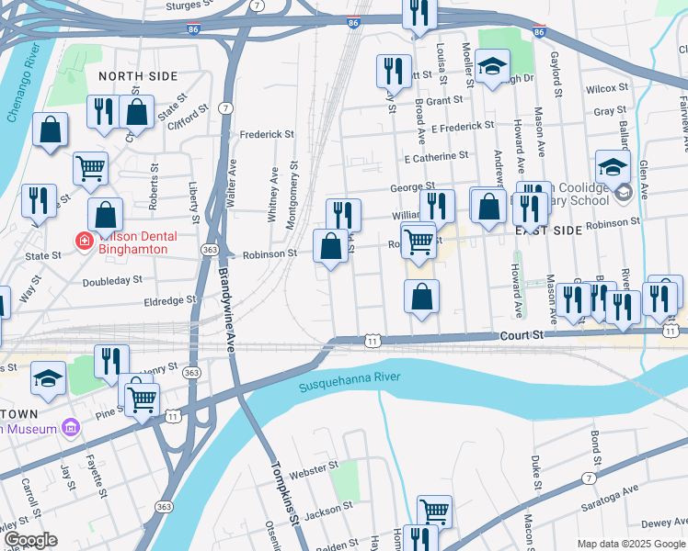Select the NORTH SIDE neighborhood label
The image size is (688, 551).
(x=137, y=76)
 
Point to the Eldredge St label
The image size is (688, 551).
(x=169, y=299)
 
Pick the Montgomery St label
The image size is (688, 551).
(x=292, y=196)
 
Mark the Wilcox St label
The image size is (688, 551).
(x=606, y=89)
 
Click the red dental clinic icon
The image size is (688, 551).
(x=84, y=242)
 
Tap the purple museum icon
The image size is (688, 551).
(x=69, y=428)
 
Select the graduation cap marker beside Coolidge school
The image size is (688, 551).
(x=613, y=167)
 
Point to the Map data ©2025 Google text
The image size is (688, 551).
(x=630, y=544)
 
